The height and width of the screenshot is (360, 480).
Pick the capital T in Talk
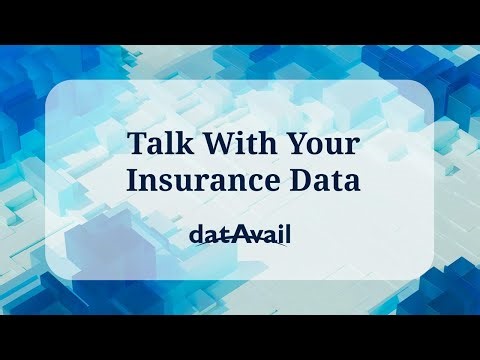point(137,144)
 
